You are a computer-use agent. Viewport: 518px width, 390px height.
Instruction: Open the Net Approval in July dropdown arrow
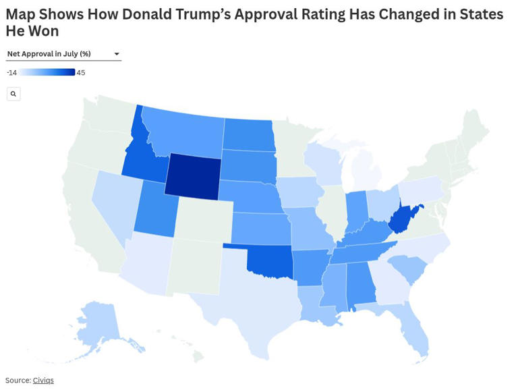[117, 54]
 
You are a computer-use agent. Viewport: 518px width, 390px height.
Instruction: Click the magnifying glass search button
[13, 94]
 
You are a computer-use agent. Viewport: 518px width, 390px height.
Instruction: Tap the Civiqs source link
[43, 381]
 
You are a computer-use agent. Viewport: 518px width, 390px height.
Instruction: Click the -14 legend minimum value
[11, 72]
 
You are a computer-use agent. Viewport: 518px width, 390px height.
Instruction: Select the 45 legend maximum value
[81, 72]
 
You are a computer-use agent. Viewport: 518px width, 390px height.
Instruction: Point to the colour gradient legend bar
[47, 72]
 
